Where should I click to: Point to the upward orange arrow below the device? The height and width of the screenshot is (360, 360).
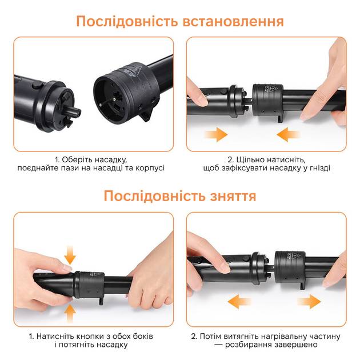(70, 313)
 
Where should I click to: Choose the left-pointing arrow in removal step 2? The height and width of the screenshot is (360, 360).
(240, 302)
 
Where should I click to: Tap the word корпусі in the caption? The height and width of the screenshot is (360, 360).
(150, 169)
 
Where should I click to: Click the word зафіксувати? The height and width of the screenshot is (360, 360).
(247, 169)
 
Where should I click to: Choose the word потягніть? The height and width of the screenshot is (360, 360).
(81, 346)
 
